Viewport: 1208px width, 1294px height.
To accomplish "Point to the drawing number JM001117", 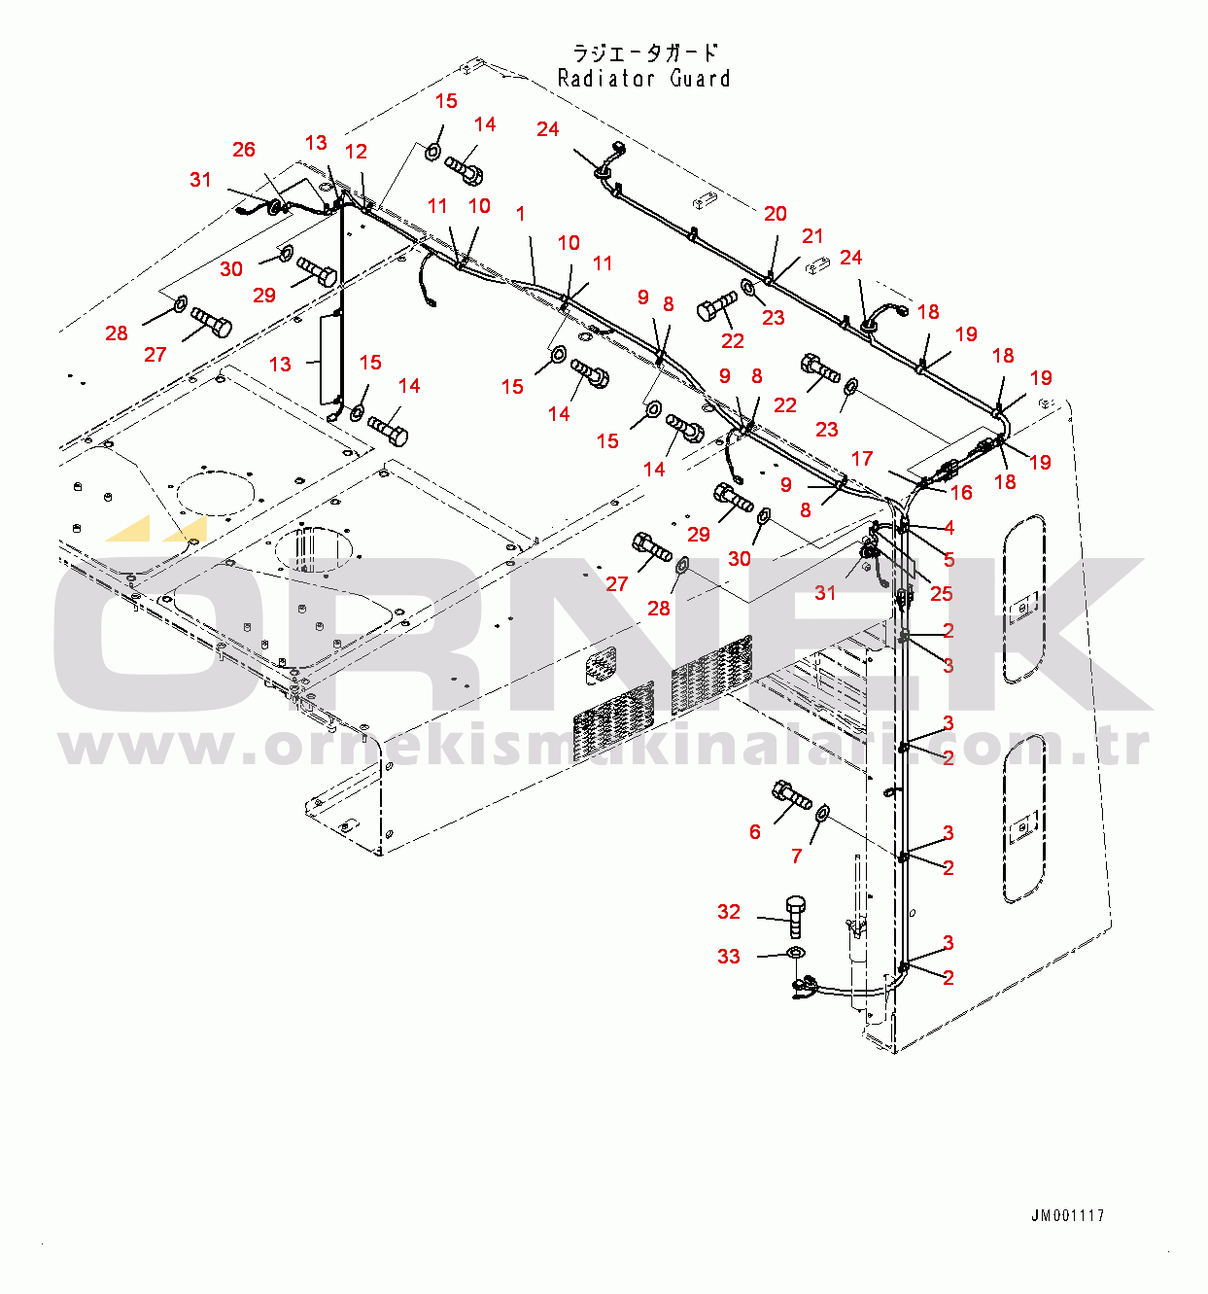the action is [x=1068, y=1215].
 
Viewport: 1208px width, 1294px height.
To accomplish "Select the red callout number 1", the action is [x=520, y=214].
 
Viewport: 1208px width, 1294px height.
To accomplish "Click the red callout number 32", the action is [x=729, y=912].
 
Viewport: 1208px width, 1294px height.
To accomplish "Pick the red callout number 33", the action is [x=729, y=957].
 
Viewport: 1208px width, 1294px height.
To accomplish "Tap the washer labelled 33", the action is [x=795, y=954].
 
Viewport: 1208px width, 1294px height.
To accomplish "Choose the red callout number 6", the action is [x=754, y=831].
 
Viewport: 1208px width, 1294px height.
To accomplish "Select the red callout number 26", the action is [x=244, y=149].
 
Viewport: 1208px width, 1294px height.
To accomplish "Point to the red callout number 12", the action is [x=356, y=152].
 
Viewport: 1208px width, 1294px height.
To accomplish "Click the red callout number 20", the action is [x=775, y=214].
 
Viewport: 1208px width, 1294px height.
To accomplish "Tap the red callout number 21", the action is [x=811, y=236].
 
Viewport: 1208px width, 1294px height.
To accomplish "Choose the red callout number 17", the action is [x=861, y=459].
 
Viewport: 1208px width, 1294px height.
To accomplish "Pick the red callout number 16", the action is [x=962, y=493].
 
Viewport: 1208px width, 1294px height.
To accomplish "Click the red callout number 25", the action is [x=941, y=594].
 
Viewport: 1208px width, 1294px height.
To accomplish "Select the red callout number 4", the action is [x=949, y=527].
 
